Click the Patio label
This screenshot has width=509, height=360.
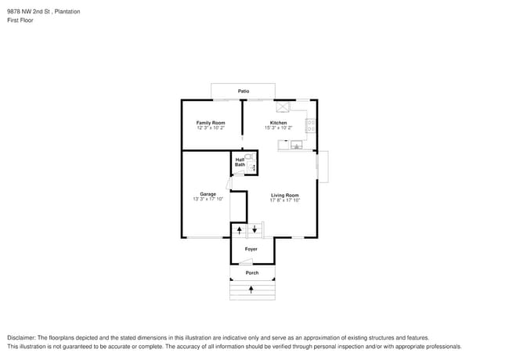point(244,92)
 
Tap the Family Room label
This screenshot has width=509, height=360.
point(211,123)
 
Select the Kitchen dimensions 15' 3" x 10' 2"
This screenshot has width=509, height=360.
point(278,128)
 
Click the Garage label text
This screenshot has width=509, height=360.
point(208,194)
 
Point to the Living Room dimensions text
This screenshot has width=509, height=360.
point(285,200)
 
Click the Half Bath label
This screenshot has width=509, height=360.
point(240,163)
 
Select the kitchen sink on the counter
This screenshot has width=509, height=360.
point(297,145)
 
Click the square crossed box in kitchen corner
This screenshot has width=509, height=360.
point(282,106)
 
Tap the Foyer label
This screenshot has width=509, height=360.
point(251,249)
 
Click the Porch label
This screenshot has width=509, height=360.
point(252,272)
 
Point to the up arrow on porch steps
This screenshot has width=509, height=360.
point(251,290)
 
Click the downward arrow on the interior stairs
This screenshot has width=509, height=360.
point(254,229)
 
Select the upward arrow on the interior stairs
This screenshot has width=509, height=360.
point(240,230)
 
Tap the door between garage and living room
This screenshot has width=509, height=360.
point(228,185)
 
